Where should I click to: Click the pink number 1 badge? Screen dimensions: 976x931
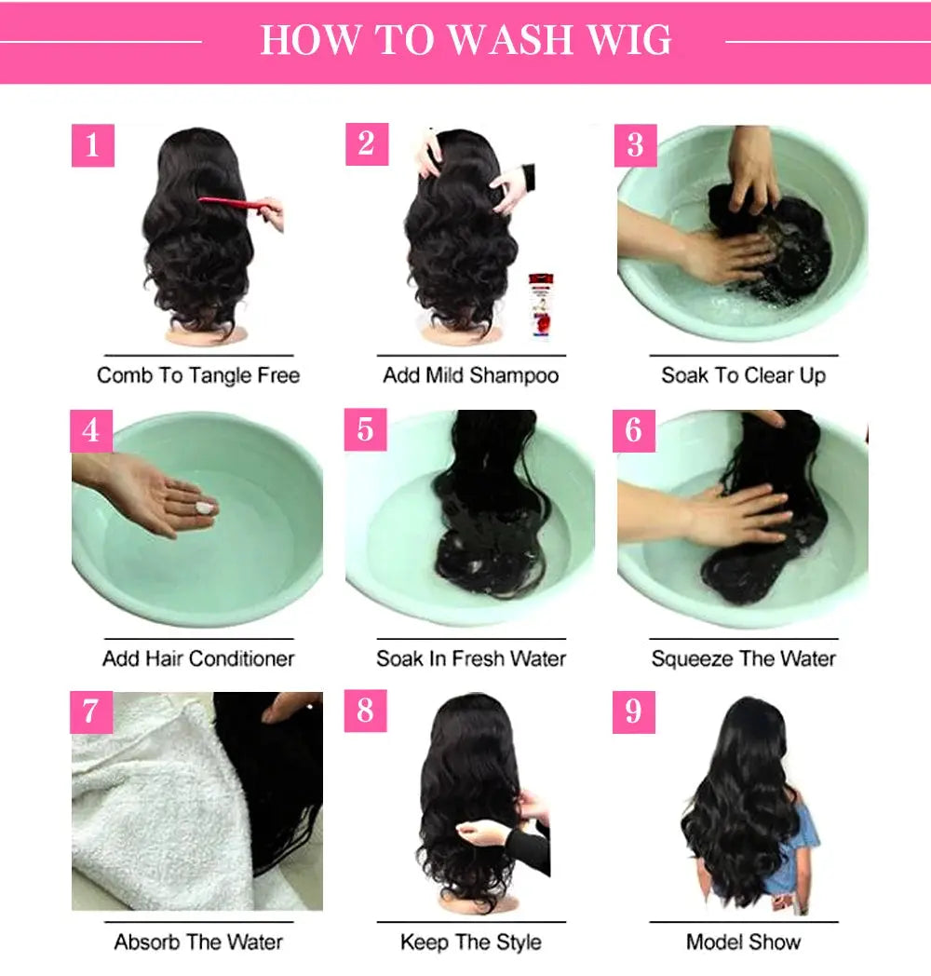coord(92,146)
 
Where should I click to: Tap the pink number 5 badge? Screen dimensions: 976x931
coord(365,429)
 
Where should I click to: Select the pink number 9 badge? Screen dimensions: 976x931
coord(634,712)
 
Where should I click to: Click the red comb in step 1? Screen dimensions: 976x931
coord(234,203)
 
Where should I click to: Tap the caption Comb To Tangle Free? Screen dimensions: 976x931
coord(198,376)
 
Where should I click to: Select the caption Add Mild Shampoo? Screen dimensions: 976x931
coord(471,376)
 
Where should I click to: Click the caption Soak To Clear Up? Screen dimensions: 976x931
coord(743,376)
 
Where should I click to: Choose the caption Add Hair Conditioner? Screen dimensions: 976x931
coord(198,659)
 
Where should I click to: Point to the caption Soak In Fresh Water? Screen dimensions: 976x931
coord(471,659)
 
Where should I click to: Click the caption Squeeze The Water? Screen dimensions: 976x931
coord(743,659)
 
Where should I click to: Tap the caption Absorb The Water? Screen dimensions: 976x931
coord(198,942)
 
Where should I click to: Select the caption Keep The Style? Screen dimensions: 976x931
coord(471,942)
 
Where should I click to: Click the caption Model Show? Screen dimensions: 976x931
coord(743,942)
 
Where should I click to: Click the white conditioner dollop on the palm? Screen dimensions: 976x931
coord(204,508)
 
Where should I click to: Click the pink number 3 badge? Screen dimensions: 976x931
coord(635,146)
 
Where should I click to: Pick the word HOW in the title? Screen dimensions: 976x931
coord(308,41)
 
